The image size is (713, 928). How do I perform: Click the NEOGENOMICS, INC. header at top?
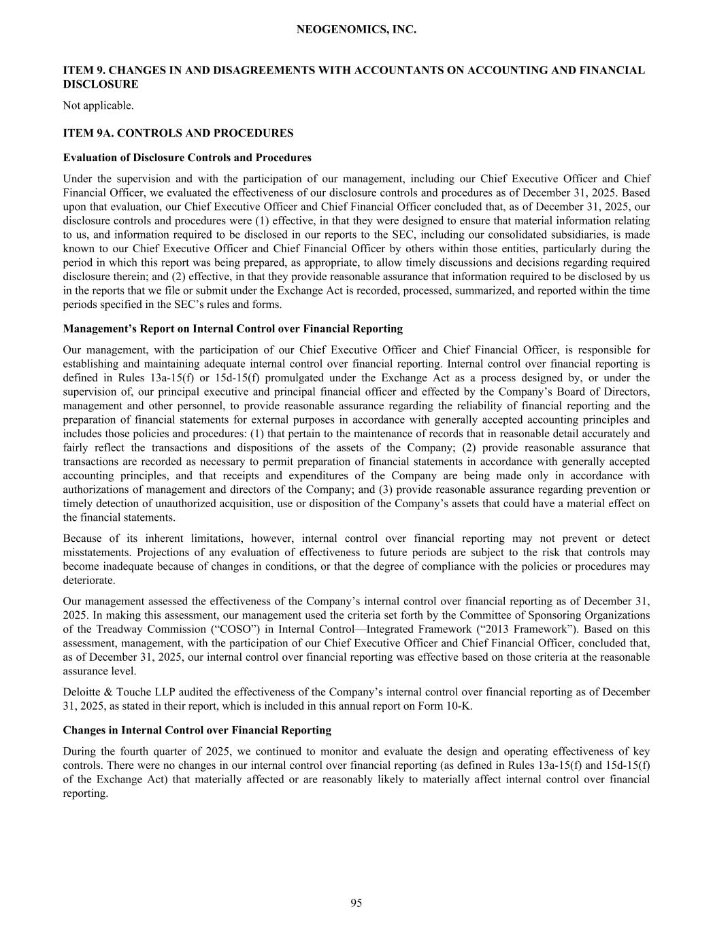point(356,30)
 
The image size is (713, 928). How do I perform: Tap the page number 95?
point(356,903)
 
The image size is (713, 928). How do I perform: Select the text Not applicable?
point(98,105)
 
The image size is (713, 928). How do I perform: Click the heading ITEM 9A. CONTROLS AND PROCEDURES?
point(178,133)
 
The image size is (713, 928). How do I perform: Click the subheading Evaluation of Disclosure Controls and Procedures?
point(187,158)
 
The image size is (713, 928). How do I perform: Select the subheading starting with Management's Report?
point(233,329)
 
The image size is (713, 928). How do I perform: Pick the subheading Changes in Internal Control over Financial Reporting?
point(197,730)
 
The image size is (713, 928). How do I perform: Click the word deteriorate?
point(89,581)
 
